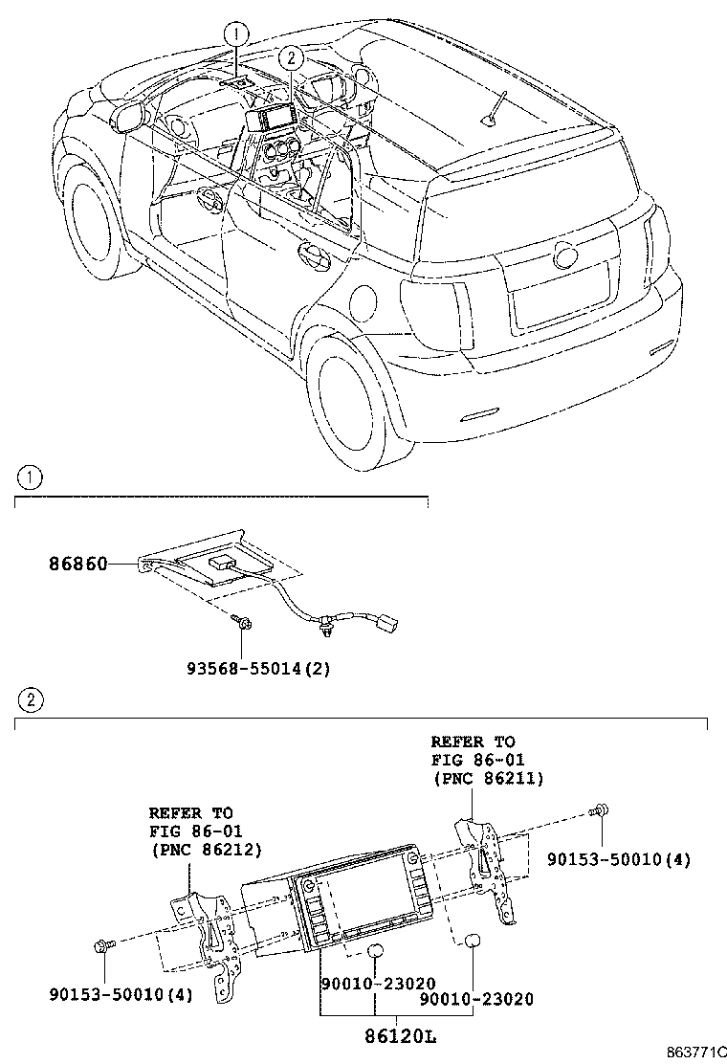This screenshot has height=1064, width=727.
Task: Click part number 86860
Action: [x=78, y=565]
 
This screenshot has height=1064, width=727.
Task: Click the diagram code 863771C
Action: [x=694, y=1053]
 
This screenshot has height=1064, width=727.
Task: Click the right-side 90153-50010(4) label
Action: [x=618, y=860]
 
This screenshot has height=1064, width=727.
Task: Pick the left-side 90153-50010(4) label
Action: [x=121, y=994]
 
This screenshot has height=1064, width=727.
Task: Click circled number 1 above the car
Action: [x=236, y=34]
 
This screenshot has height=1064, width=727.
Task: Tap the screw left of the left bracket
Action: [x=103, y=946]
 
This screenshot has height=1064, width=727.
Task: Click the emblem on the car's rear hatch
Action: [x=563, y=255]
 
